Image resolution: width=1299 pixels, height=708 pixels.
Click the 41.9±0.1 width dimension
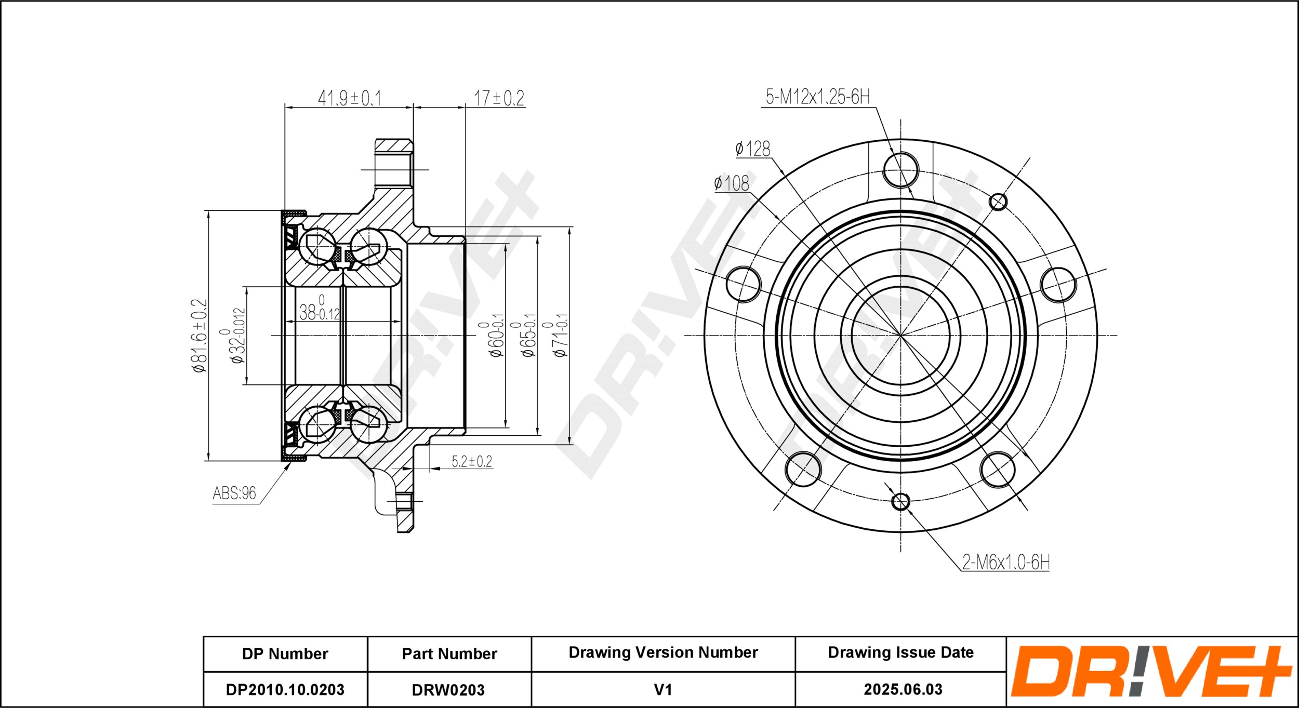[349, 98]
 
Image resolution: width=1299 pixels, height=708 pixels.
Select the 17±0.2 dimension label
[499, 98]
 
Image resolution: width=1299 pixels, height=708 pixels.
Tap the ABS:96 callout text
[234, 493]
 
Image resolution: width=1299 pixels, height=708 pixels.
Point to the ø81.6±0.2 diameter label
[200, 336]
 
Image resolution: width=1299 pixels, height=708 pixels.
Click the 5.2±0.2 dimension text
[471, 461]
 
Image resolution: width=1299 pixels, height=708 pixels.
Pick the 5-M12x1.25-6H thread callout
[817, 97]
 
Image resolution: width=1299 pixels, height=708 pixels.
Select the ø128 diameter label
[753, 149]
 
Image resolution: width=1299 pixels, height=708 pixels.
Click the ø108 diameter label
[732, 183]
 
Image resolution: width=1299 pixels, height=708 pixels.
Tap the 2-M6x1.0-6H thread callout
[1006, 562]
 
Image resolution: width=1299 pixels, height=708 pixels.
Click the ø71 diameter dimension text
[561, 336]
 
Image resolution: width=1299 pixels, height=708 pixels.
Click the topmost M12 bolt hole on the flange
[900, 170]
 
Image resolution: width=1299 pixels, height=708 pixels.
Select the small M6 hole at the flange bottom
[900, 501]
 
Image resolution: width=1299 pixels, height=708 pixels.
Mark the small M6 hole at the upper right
[998, 202]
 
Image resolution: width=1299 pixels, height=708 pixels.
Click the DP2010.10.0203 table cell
[285, 689]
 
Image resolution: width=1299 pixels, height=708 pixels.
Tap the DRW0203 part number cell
[449, 689]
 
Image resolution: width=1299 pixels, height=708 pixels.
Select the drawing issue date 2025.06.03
[903, 689]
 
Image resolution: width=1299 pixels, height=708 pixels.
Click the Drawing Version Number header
[663, 652]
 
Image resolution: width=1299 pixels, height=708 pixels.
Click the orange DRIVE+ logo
[1151, 671]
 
